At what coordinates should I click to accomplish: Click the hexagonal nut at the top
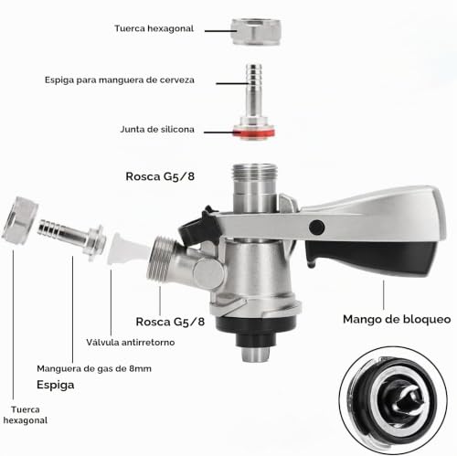point(256,32)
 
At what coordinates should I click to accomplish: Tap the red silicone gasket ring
point(254,133)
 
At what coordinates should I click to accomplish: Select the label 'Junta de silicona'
point(157,130)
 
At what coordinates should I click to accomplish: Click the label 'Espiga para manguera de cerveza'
point(120,80)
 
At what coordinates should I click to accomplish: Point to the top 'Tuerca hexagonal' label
point(154,28)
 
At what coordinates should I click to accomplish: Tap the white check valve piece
point(128,249)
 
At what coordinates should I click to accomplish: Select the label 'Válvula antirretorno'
point(131,342)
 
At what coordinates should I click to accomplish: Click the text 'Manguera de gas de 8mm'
point(94,368)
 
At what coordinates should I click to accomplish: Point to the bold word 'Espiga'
point(56,385)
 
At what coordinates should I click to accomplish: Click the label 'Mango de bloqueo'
point(397,319)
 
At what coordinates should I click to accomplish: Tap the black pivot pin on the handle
point(316,227)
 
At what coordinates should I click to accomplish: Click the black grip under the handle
point(372,255)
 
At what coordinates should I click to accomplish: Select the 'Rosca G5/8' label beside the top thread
point(160,176)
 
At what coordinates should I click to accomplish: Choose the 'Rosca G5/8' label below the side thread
point(170,322)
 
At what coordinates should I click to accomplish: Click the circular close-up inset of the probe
point(393,400)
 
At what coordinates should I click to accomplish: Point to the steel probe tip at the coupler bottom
point(255,355)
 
